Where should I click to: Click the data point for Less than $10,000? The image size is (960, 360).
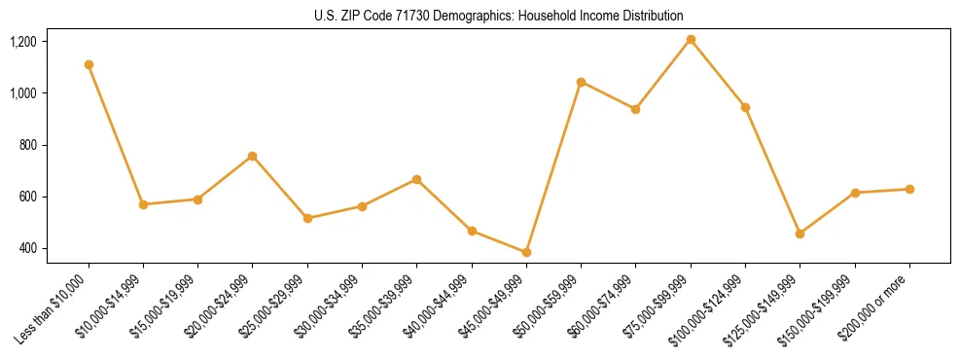(89, 64)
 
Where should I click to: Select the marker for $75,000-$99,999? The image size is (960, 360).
(691, 39)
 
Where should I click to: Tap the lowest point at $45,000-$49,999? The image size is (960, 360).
(526, 252)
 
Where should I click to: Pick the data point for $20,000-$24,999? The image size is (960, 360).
(253, 156)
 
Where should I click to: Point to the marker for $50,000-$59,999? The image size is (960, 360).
(581, 82)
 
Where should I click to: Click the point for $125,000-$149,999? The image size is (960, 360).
(800, 234)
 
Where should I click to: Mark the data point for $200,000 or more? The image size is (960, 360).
(909, 189)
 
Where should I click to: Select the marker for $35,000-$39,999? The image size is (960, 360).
(416, 179)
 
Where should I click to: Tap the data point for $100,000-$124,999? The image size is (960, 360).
(745, 107)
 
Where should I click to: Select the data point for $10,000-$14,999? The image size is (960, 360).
(143, 204)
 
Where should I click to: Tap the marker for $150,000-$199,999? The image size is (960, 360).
(855, 193)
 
